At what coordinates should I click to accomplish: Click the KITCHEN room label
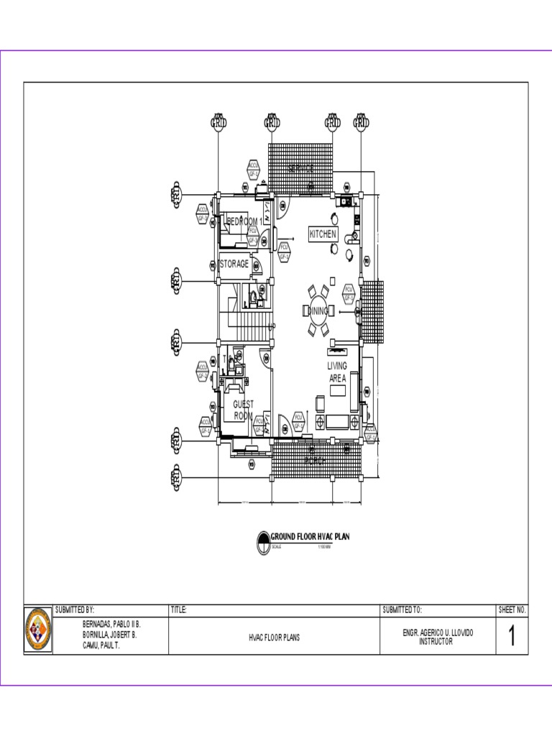pyautogui.click(x=323, y=234)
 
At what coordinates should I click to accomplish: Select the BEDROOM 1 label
pyautogui.click(x=244, y=221)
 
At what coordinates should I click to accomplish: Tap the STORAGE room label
pyautogui.click(x=234, y=264)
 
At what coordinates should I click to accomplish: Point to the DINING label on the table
pyautogui.click(x=318, y=311)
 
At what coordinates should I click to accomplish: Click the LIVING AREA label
pyautogui.click(x=337, y=372)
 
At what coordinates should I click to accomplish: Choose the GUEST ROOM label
pyautogui.click(x=243, y=410)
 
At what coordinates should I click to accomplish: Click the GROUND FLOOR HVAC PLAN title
pyautogui.click(x=309, y=536)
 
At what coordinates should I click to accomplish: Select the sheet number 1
pyautogui.click(x=512, y=636)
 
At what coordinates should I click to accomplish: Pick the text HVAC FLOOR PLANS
pyautogui.click(x=275, y=638)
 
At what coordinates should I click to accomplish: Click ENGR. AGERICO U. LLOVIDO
pyautogui.click(x=438, y=632)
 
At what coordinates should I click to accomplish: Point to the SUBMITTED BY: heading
pyautogui.click(x=75, y=609)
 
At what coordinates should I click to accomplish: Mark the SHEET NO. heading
pyautogui.click(x=512, y=609)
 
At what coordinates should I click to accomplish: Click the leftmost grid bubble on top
pyautogui.click(x=218, y=122)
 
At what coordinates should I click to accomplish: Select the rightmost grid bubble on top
pyautogui.click(x=361, y=122)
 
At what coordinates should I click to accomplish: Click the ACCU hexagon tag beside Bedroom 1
pyautogui.click(x=203, y=213)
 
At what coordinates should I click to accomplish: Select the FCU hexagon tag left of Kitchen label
pyautogui.click(x=283, y=252)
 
